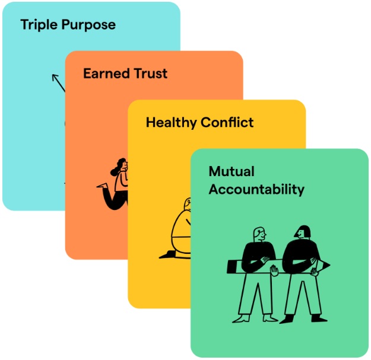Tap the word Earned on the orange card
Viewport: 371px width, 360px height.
click(x=105, y=74)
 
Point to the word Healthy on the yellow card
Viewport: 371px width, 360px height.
click(x=171, y=123)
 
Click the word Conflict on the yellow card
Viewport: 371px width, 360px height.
click(x=226, y=123)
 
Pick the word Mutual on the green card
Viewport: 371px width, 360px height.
click(x=232, y=172)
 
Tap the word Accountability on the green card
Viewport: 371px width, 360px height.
click(x=256, y=190)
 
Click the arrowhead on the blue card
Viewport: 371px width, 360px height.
click(x=55, y=77)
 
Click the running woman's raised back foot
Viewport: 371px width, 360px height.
click(x=103, y=185)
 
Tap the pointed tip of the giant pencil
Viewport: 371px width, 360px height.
click(x=328, y=263)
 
